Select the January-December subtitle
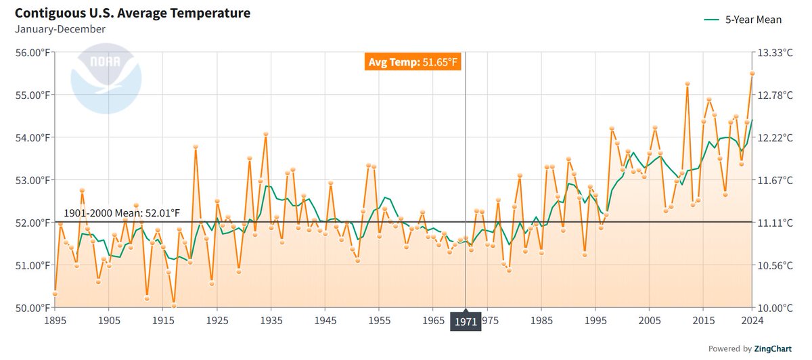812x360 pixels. coord(60,29)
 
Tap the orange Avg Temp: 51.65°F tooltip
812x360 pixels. coord(413,63)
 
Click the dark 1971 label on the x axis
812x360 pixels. coord(466,321)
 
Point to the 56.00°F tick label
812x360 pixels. coord(31,53)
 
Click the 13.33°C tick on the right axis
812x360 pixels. coord(777,53)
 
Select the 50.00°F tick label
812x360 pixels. coord(31,308)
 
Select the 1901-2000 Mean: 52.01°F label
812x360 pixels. coord(122,214)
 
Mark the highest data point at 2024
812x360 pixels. coord(752,74)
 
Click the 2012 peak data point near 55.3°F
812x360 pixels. coord(687,84)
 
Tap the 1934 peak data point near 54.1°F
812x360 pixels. coord(266,134)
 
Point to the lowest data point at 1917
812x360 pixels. coord(174,305)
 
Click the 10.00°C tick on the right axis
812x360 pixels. coord(777,308)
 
